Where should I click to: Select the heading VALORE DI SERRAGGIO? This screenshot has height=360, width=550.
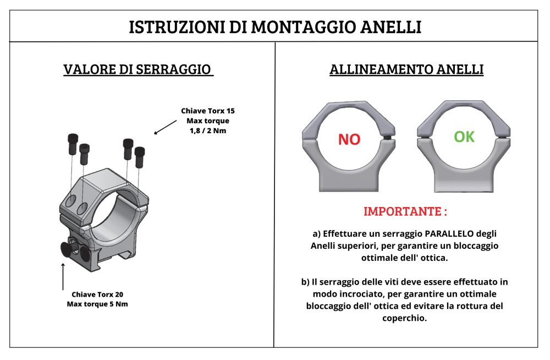click(x=138, y=69)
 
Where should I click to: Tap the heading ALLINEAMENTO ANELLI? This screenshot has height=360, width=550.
click(x=406, y=69)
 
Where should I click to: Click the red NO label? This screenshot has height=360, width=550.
click(x=349, y=139)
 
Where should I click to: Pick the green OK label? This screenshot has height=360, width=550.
click(x=464, y=137)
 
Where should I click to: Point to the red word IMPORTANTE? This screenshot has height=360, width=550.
click(x=403, y=211)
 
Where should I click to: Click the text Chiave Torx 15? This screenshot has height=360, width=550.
click(x=208, y=111)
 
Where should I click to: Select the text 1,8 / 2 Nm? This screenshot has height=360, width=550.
click(x=208, y=130)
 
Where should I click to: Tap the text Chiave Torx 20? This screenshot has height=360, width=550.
click(x=97, y=294)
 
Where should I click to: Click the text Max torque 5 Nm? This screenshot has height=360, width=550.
click(x=97, y=304)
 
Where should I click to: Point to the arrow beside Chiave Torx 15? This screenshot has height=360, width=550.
click(x=165, y=127)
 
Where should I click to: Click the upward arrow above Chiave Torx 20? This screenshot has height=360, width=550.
click(x=63, y=276)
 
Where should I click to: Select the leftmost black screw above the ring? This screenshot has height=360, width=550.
click(x=73, y=144)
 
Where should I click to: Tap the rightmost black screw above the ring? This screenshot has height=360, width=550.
click(x=140, y=157)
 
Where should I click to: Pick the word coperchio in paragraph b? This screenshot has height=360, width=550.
click(x=404, y=318)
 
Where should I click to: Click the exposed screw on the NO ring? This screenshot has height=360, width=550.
click(x=387, y=138)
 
